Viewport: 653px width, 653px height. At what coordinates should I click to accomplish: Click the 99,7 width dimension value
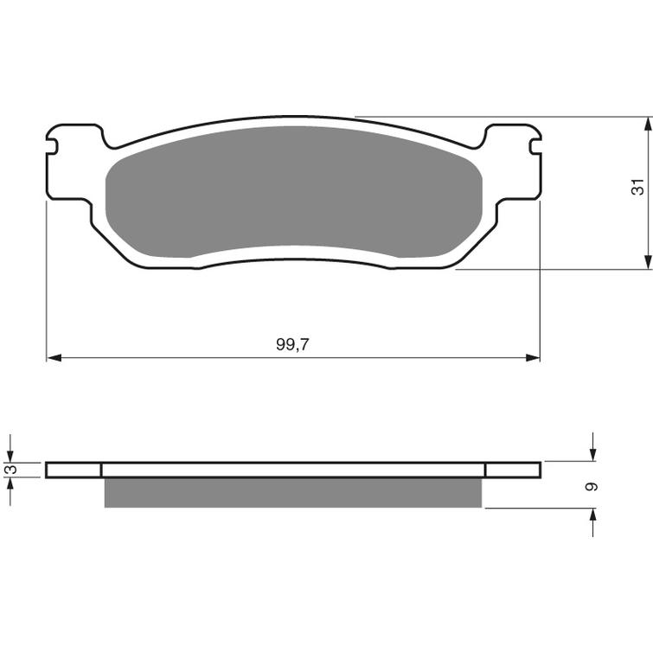click(292, 344)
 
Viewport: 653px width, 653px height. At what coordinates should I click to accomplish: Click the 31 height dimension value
click(637, 186)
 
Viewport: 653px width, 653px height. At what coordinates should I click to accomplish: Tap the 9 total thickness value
click(592, 487)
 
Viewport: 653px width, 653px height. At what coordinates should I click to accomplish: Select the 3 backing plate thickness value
click(10, 470)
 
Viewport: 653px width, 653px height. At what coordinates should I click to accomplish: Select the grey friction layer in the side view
click(292, 492)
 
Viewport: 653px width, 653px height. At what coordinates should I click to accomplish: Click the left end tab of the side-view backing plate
click(74, 470)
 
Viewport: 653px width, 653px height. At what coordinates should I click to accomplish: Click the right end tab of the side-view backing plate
click(513, 470)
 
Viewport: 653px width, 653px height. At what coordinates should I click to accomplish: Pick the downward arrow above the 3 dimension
click(10, 453)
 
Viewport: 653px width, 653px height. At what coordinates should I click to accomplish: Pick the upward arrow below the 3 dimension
click(10, 485)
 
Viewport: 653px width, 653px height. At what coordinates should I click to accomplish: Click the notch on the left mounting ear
click(53, 141)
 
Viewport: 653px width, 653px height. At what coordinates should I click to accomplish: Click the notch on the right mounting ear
click(534, 141)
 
